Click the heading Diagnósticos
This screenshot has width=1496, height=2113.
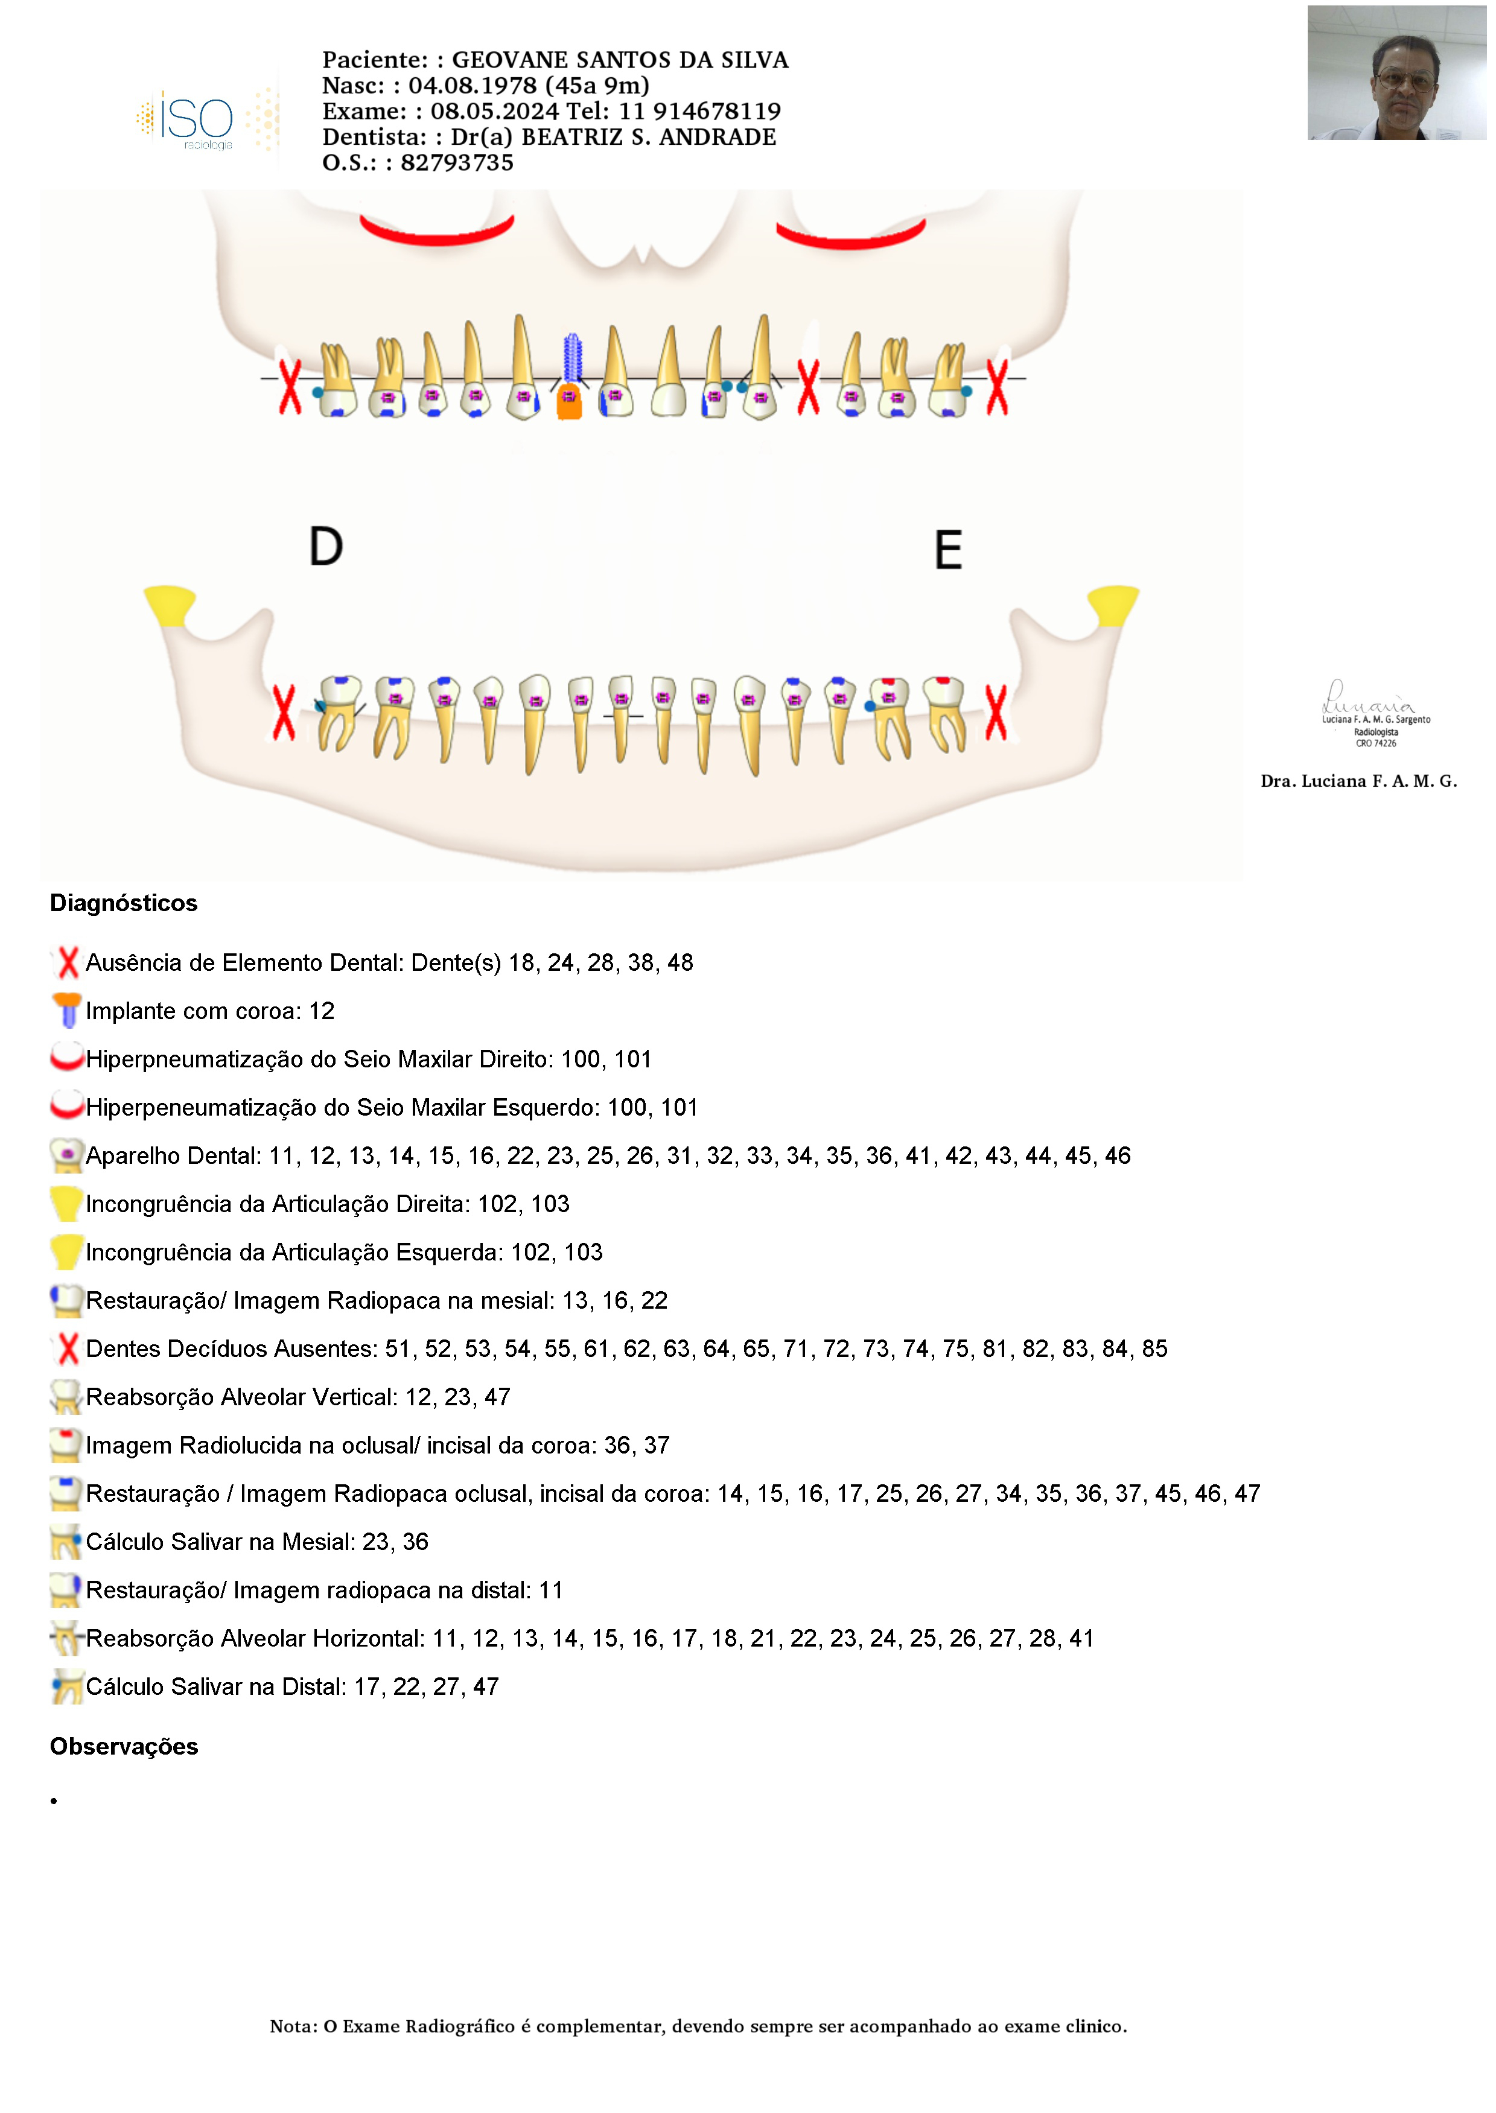pyautogui.click(x=124, y=903)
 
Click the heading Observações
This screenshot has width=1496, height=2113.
pyautogui.click(x=124, y=1746)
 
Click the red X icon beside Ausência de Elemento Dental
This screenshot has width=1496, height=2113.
pyautogui.click(x=67, y=962)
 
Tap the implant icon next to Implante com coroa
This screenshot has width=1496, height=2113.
pyautogui.click(x=67, y=1011)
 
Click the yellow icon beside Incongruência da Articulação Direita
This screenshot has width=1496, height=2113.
pyautogui.click(x=66, y=1204)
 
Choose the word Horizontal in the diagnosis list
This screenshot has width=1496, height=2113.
pyautogui.click(x=369, y=1639)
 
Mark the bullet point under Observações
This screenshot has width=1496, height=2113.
pyautogui.click(x=54, y=1800)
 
